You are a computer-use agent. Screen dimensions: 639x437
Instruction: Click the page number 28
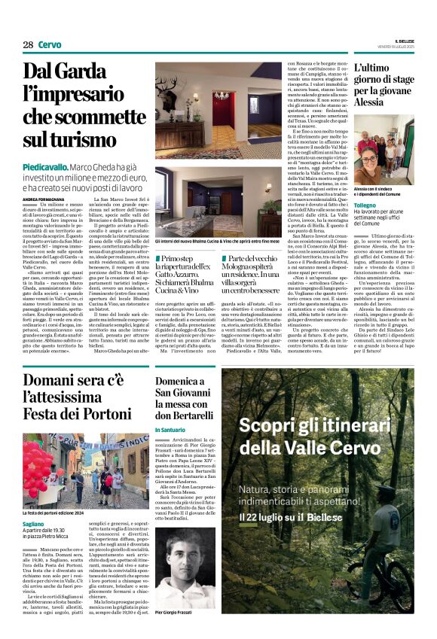click(28, 45)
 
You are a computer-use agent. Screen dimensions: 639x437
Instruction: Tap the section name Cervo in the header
click(50, 45)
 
